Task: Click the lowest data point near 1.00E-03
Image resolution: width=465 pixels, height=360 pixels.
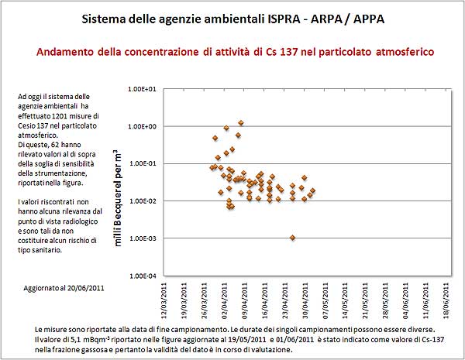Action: coord(292,238)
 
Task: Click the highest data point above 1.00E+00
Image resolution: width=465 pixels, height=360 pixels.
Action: coord(241,122)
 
